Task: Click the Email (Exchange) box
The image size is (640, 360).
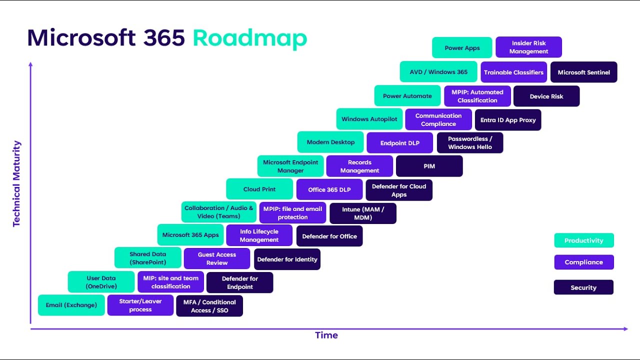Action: [71, 305]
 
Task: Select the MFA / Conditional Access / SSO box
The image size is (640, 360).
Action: [209, 306]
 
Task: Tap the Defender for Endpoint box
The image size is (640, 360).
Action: [240, 282]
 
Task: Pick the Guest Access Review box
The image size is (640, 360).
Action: [217, 258]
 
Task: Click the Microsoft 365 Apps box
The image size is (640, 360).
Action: [190, 234]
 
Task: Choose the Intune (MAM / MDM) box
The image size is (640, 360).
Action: [363, 213]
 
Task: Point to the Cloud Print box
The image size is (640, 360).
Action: [259, 189]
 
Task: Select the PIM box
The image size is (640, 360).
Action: [429, 166]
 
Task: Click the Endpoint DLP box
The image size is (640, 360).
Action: [400, 143]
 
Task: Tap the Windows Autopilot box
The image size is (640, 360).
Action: [369, 119]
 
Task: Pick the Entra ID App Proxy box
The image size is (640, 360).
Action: [508, 120]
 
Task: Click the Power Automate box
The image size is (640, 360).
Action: [407, 96]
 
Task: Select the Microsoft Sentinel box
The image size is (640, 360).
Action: [584, 72]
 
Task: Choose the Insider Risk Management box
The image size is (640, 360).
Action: [529, 47]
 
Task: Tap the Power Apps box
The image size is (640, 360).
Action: [462, 48]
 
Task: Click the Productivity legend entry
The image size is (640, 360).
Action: [584, 240]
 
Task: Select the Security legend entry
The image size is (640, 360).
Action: [583, 287]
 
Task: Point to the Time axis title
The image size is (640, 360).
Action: [326, 335]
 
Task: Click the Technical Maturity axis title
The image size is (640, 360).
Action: [17, 184]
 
